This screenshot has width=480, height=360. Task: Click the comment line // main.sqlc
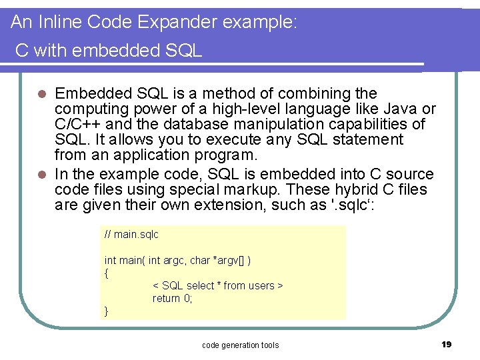coord(131,235)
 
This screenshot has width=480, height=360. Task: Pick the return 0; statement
coord(172,298)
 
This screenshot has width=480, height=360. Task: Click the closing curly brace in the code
coord(107,311)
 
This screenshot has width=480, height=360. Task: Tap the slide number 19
coord(446,344)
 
